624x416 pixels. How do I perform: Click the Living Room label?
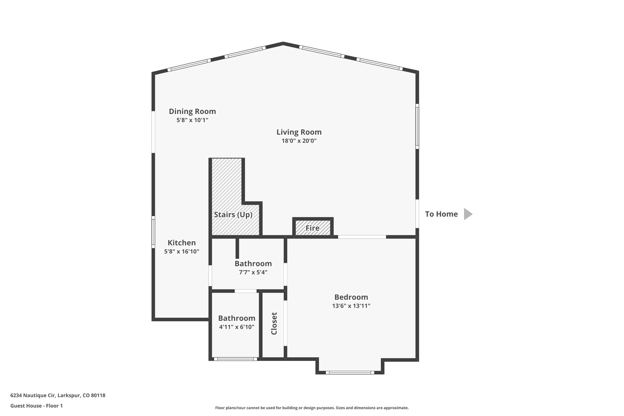point(299,132)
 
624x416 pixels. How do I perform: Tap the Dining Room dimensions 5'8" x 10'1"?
point(192,120)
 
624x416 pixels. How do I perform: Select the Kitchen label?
point(182,243)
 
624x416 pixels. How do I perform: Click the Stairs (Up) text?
point(233,215)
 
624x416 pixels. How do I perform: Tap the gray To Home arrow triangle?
point(467,214)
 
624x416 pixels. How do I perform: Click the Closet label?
point(274,323)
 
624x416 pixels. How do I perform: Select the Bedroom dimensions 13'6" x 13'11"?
point(351,306)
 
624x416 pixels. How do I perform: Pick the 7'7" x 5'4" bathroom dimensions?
point(253,272)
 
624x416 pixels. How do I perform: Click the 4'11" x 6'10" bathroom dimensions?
point(236,327)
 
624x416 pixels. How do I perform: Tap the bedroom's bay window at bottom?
point(350,372)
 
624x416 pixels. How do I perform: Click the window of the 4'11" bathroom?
point(236,359)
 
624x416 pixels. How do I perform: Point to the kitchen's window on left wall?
point(153,232)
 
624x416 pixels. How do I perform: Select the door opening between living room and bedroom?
point(362,237)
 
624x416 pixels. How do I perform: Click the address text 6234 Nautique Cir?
point(58,396)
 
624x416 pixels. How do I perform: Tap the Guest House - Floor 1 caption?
point(37,406)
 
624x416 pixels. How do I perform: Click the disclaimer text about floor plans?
point(312,408)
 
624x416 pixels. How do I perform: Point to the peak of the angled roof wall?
point(283,44)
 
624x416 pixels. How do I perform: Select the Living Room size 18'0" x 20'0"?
point(299,141)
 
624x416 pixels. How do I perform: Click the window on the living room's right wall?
point(417,126)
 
